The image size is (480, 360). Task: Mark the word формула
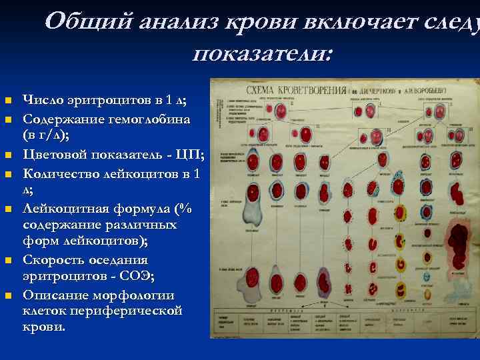(153, 208)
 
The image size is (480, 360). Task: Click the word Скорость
(56, 260)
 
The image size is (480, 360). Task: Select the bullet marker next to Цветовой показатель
(8, 156)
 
